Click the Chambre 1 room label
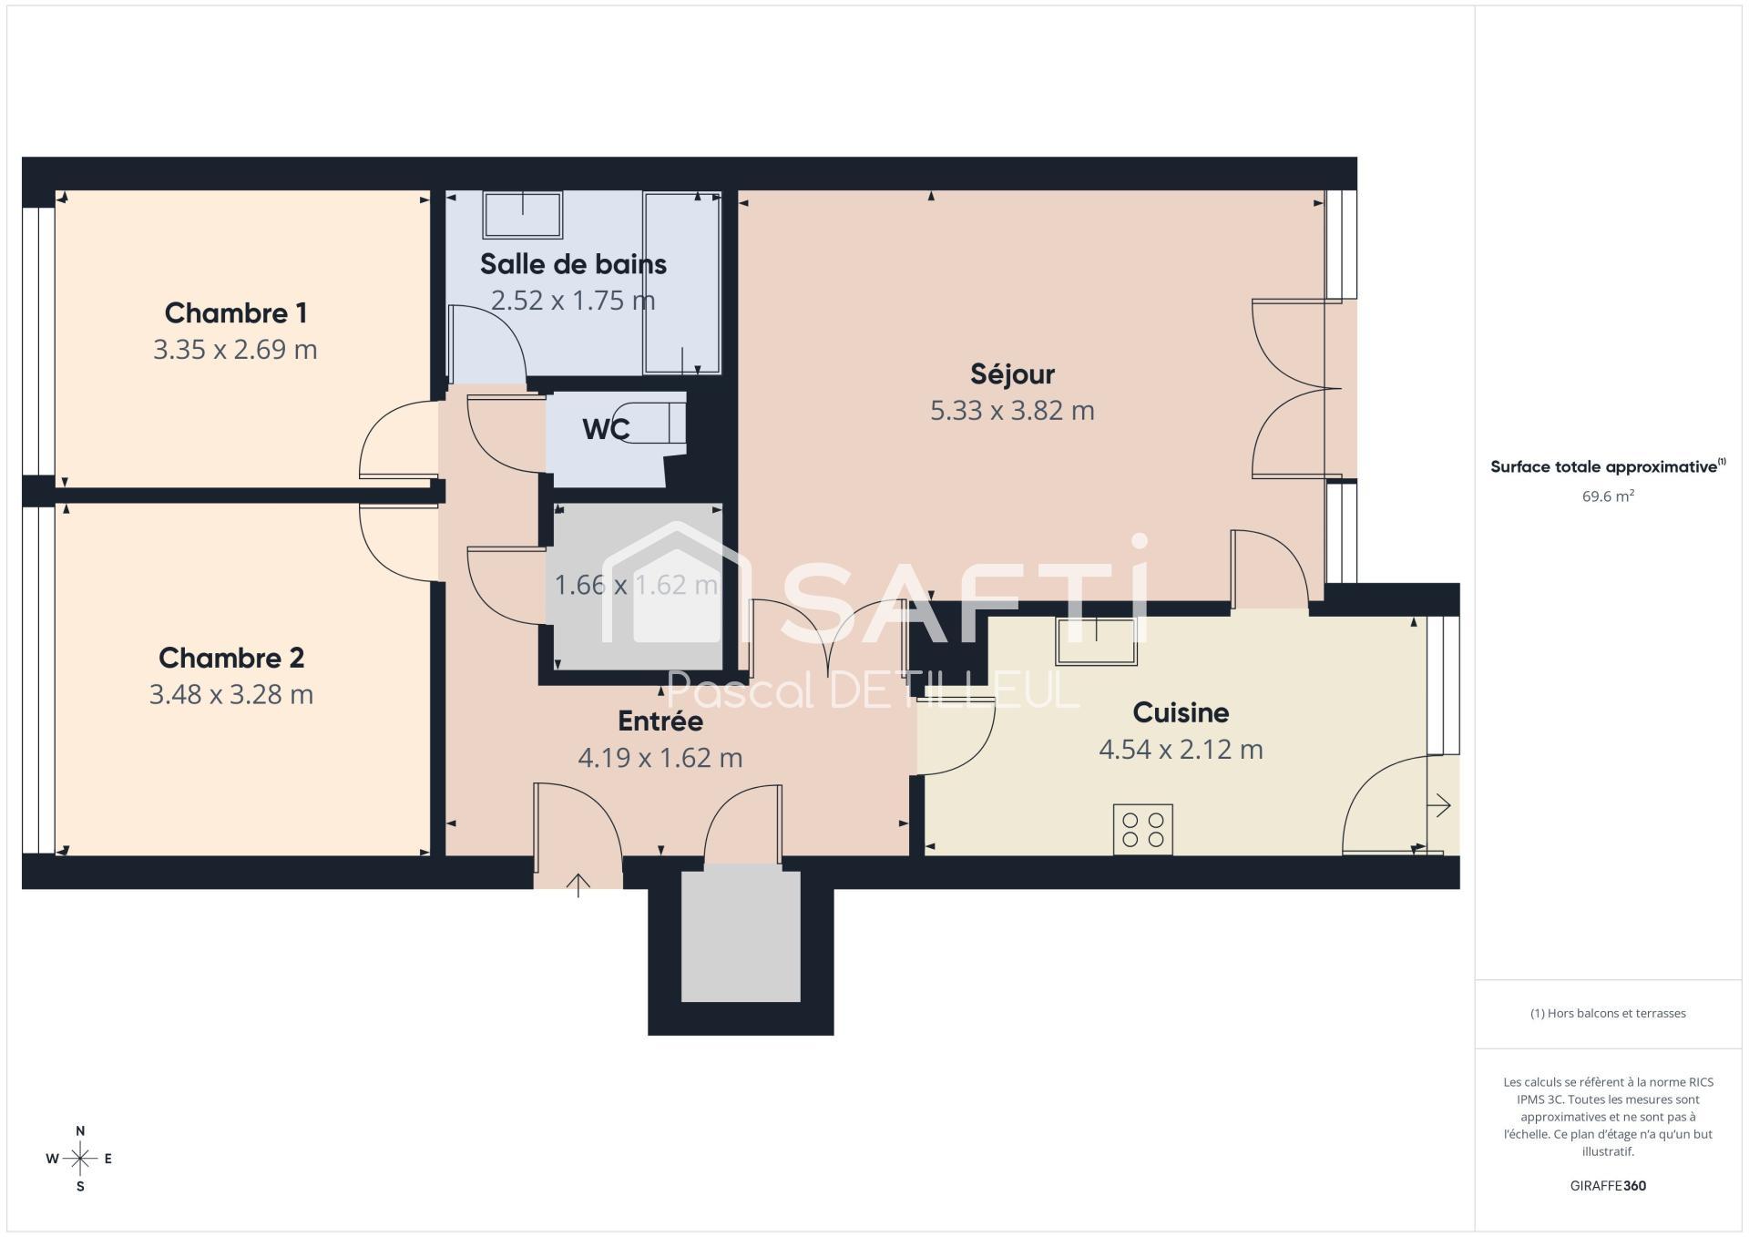pyautogui.click(x=235, y=313)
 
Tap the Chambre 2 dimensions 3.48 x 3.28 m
pyautogui.click(x=231, y=695)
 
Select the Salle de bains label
pyautogui.click(x=573, y=264)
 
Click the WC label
pyautogui.click(x=606, y=429)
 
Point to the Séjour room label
pyautogui.click(x=1012, y=374)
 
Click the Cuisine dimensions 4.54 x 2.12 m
pyautogui.click(x=1181, y=750)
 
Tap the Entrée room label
pyautogui.click(x=660, y=721)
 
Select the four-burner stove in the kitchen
pyautogui.click(x=1142, y=829)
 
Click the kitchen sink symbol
pyautogui.click(x=1097, y=640)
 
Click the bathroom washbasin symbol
pyautogui.click(x=522, y=214)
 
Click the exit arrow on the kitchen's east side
pyautogui.click(x=1439, y=805)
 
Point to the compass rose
pyautogui.click(x=80, y=1159)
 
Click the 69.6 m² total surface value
pyautogui.click(x=1608, y=496)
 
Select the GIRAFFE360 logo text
pyautogui.click(x=1608, y=1186)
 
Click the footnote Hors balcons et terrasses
pyautogui.click(x=1608, y=1013)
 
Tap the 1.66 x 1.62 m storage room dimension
pyautogui.click(x=637, y=585)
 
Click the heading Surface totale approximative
pyautogui.click(x=1608, y=466)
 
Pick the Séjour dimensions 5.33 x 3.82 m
pyautogui.click(x=1012, y=411)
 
